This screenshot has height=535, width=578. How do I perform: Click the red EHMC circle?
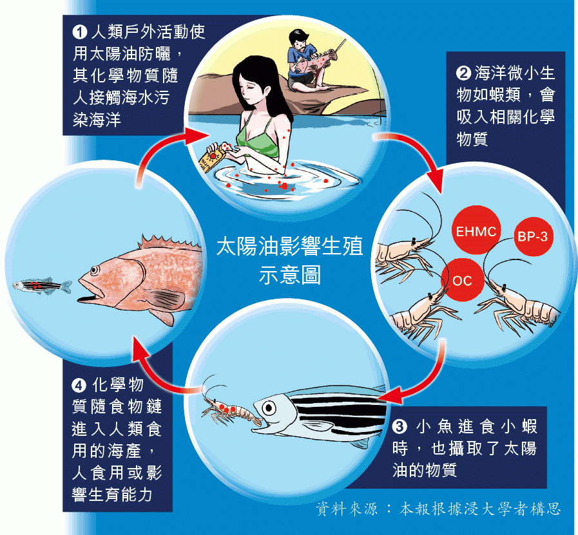tap(476, 230)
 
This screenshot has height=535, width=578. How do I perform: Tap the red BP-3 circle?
tap(533, 236)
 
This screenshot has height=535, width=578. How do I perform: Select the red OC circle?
tap(462, 280)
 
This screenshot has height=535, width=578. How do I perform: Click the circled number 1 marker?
tap(80, 32)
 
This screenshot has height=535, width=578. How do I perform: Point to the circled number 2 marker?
tap(463, 73)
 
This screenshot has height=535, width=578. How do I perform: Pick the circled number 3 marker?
tap(400, 427)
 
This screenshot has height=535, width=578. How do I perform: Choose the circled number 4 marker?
tap(79, 386)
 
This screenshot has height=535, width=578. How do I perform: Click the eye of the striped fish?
tap(269, 408)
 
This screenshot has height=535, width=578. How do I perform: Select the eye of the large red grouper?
tap(95, 270)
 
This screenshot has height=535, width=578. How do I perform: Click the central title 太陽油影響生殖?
tap(290, 246)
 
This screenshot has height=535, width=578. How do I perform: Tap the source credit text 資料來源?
tap(347, 509)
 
